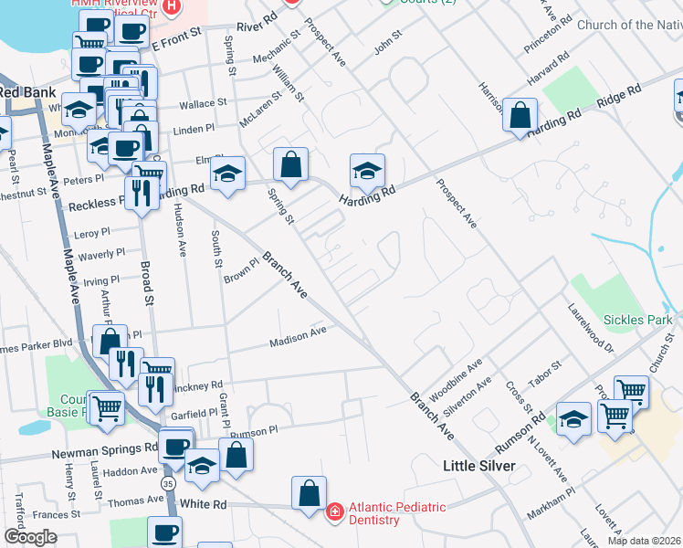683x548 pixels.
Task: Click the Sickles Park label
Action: click(637, 320)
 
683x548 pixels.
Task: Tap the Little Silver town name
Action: click(479, 466)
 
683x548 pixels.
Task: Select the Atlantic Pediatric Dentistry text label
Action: click(395, 513)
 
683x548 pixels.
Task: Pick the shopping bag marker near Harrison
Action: click(519, 116)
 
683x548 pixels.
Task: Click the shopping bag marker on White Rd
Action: click(309, 493)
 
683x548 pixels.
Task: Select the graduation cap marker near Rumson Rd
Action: click(573, 420)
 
